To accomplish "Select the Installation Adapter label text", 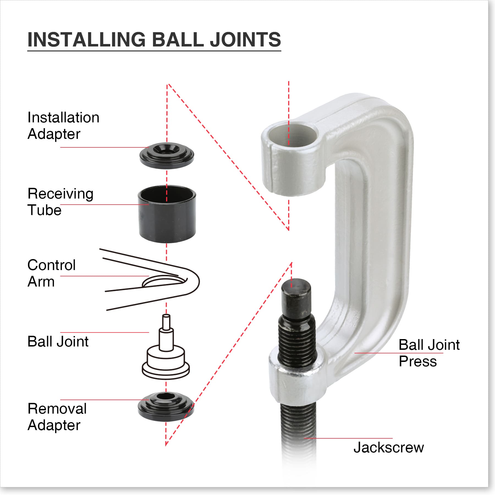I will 63,126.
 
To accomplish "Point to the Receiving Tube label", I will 61,202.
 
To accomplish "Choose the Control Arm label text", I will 51,273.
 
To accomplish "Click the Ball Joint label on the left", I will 58,342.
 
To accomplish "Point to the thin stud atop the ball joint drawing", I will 166,322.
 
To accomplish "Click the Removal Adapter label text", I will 57,417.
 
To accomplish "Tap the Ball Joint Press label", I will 429,353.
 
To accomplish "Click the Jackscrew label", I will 388,447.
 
